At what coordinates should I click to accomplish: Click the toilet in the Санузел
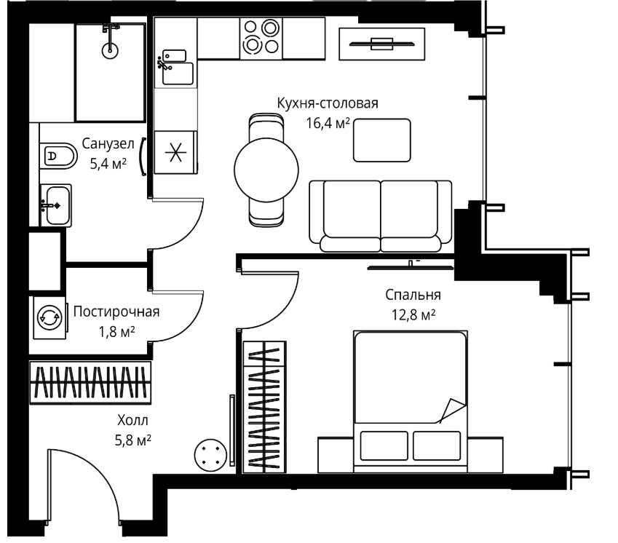click(x=58, y=156)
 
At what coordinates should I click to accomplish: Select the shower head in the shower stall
click(x=110, y=50)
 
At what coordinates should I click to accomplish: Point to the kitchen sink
click(x=175, y=68)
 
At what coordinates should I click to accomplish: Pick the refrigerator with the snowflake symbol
click(x=175, y=152)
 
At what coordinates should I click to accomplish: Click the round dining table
click(x=266, y=170)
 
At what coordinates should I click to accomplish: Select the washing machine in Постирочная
click(x=49, y=317)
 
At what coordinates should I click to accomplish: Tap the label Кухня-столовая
click(x=328, y=103)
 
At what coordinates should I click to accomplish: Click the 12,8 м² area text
click(x=413, y=315)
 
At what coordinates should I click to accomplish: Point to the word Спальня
click(x=413, y=295)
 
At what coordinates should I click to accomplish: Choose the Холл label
click(x=132, y=420)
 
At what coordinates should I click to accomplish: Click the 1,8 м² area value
click(x=116, y=332)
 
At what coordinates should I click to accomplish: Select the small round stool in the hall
click(x=210, y=455)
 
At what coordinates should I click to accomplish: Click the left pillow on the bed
click(x=384, y=445)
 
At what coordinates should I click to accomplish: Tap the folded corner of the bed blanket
click(x=452, y=411)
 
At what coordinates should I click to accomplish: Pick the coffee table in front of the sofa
click(x=382, y=140)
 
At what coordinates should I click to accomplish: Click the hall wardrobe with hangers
click(x=91, y=383)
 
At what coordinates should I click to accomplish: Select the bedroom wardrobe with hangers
click(x=264, y=407)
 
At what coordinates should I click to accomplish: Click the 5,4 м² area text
click(x=108, y=163)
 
